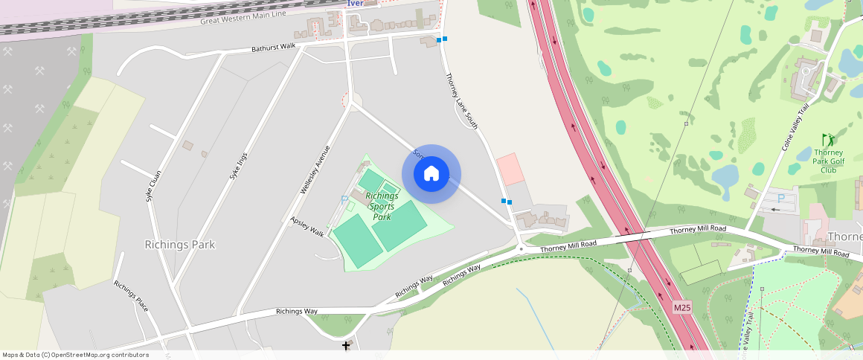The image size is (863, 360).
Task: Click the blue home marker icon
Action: point(431,174)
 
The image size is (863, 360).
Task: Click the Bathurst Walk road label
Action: point(273,47)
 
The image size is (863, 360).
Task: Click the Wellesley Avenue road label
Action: point(315,170)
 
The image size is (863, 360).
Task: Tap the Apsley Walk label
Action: point(307,227)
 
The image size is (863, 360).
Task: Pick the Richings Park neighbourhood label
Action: point(180,245)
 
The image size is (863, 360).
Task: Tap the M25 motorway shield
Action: point(683,307)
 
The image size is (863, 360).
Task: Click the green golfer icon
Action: point(828,140)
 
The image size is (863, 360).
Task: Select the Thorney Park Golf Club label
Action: point(827,161)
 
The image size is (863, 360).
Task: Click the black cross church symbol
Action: point(346,345)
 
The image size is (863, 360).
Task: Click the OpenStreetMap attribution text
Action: point(75,355)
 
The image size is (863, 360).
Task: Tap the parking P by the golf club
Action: point(780,199)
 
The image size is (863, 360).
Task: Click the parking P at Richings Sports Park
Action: point(344,199)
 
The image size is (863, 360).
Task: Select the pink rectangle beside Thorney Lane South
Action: point(510,169)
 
